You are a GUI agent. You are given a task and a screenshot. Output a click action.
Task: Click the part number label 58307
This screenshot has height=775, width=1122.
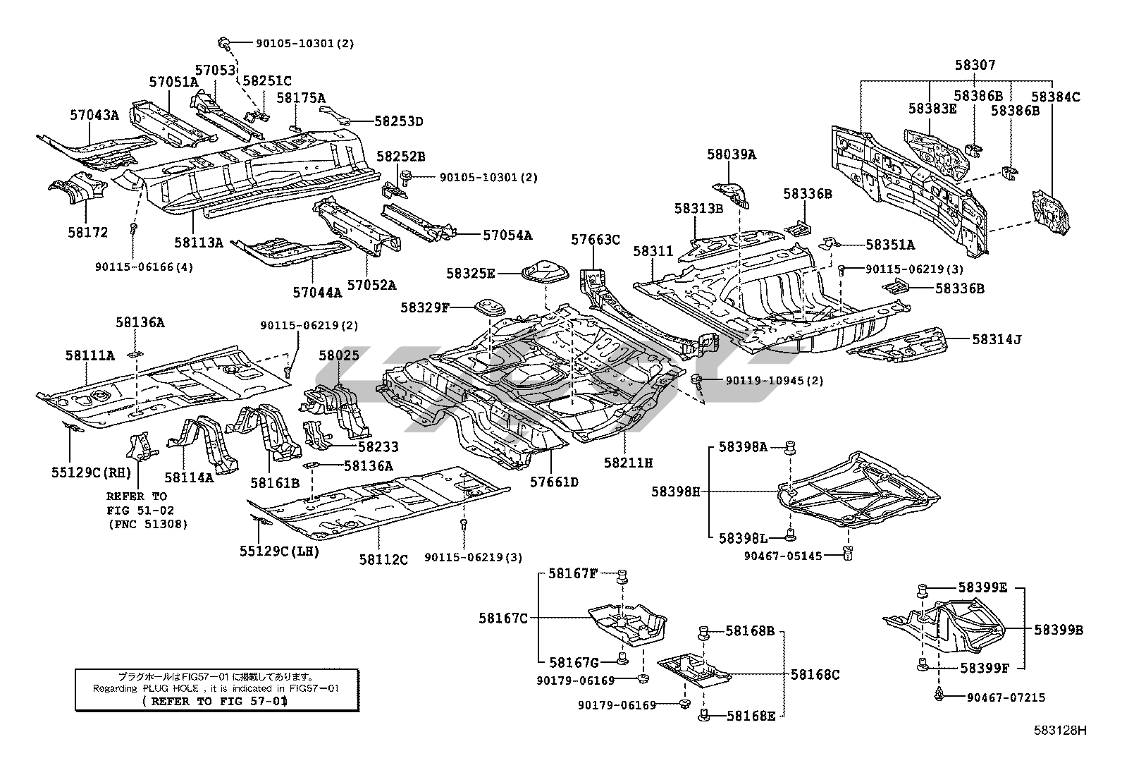975,66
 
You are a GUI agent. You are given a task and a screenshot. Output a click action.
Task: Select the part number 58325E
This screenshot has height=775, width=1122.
471,273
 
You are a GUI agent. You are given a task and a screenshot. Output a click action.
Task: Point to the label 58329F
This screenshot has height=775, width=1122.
425,307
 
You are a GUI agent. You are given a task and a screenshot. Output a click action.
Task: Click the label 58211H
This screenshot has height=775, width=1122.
628,463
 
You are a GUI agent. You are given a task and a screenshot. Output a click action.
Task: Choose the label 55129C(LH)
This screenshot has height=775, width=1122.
279,551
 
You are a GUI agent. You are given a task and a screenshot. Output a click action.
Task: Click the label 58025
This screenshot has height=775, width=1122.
339,356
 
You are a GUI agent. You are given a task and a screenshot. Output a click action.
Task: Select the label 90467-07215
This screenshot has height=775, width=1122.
1006,697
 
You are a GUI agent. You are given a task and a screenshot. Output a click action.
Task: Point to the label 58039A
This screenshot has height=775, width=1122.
732,154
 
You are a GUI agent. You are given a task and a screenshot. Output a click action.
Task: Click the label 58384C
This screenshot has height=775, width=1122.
1055,97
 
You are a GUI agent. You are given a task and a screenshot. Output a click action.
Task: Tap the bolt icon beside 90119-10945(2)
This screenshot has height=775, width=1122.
698,382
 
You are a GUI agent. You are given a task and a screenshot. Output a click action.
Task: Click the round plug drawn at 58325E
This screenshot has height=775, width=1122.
540,271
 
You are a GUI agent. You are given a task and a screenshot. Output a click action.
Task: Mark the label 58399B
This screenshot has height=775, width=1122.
1059,630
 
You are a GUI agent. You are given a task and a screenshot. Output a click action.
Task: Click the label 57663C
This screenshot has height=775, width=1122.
596,240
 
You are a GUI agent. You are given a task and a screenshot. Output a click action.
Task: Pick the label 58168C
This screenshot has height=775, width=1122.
815,674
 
